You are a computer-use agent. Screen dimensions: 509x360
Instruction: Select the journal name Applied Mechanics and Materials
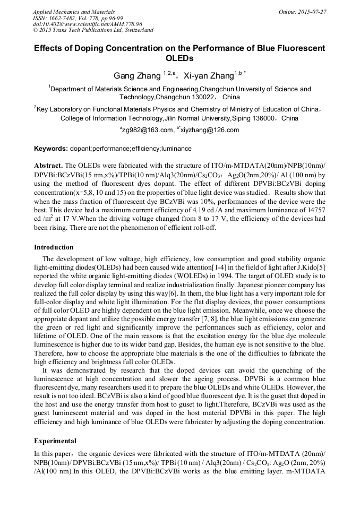[74, 12]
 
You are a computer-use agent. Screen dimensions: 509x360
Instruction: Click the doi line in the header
[88, 24]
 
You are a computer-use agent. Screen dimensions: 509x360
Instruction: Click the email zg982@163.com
[148, 130]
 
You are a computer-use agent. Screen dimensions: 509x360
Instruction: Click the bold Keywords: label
[51, 149]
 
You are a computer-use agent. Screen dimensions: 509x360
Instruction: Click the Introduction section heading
[54, 247]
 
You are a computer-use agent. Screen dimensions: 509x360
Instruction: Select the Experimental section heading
[55, 441]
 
